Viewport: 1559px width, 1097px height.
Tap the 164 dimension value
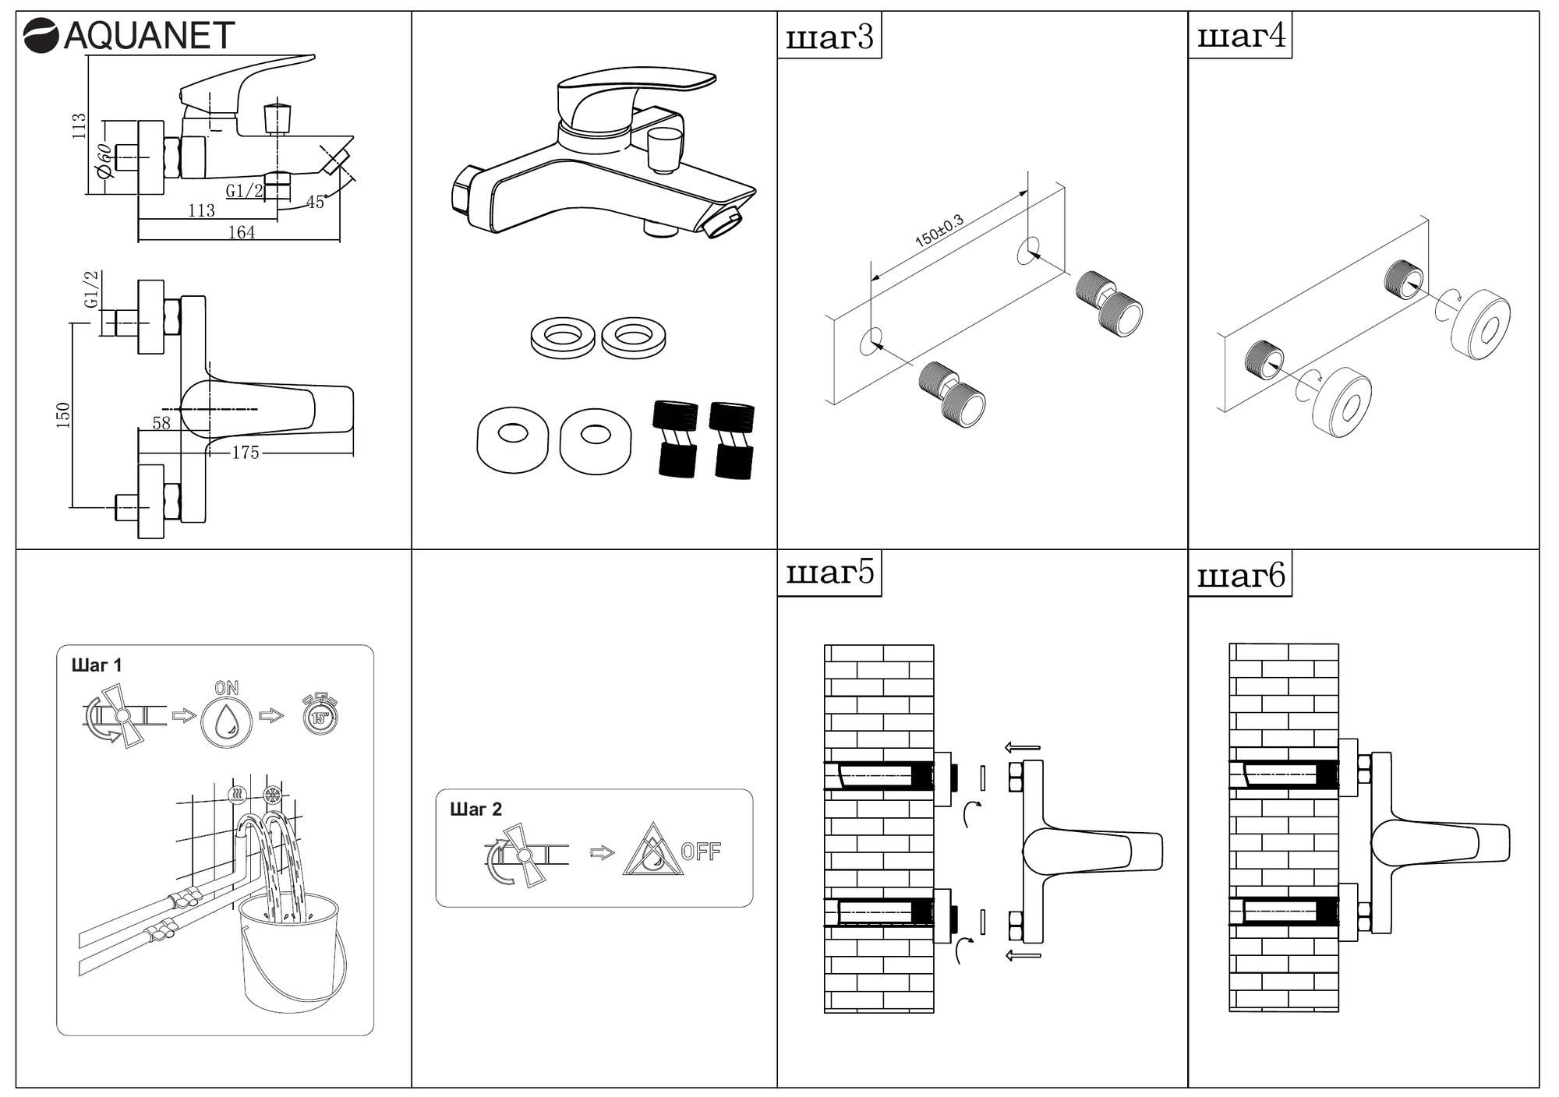pos(242,232)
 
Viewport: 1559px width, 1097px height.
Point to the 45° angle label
pos(315,203)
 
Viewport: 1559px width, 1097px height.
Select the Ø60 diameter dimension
pos(104,160)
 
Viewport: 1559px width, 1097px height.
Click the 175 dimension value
pos(245,453)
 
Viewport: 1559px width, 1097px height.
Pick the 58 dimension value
pos(161,423)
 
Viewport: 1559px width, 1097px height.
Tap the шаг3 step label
pos(829,37)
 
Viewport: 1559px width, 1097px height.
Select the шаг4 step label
pos(1240,37)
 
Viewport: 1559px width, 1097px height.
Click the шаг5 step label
pos(829,574)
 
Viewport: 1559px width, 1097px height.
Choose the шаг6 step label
pos(1240,577)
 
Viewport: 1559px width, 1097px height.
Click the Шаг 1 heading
pos(97,665)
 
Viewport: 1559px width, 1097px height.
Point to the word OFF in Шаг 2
pos(701,852)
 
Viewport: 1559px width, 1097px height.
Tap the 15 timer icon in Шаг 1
pos(320,715)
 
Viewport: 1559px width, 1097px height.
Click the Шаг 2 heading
pos(476,810)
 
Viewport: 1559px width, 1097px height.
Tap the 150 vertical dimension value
pos(64,415)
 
